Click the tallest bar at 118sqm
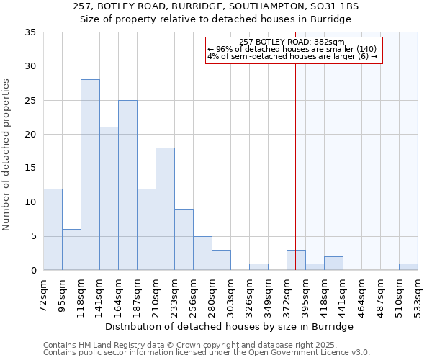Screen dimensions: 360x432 point(90,175)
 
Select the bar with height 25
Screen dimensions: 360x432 point(127,185)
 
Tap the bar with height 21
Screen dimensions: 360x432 point(109,199)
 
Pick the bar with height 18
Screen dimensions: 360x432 point(165,209)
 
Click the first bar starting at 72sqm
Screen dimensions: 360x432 point(53,229)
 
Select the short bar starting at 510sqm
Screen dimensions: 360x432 point(408,266)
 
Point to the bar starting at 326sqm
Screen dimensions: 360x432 point(258,266)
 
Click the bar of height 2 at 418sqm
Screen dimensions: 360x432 point(333,264)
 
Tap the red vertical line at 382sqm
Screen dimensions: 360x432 point(295,166)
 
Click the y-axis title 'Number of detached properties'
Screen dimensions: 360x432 point(7,155)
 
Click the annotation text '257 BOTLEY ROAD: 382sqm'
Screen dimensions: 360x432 point(292,42)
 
